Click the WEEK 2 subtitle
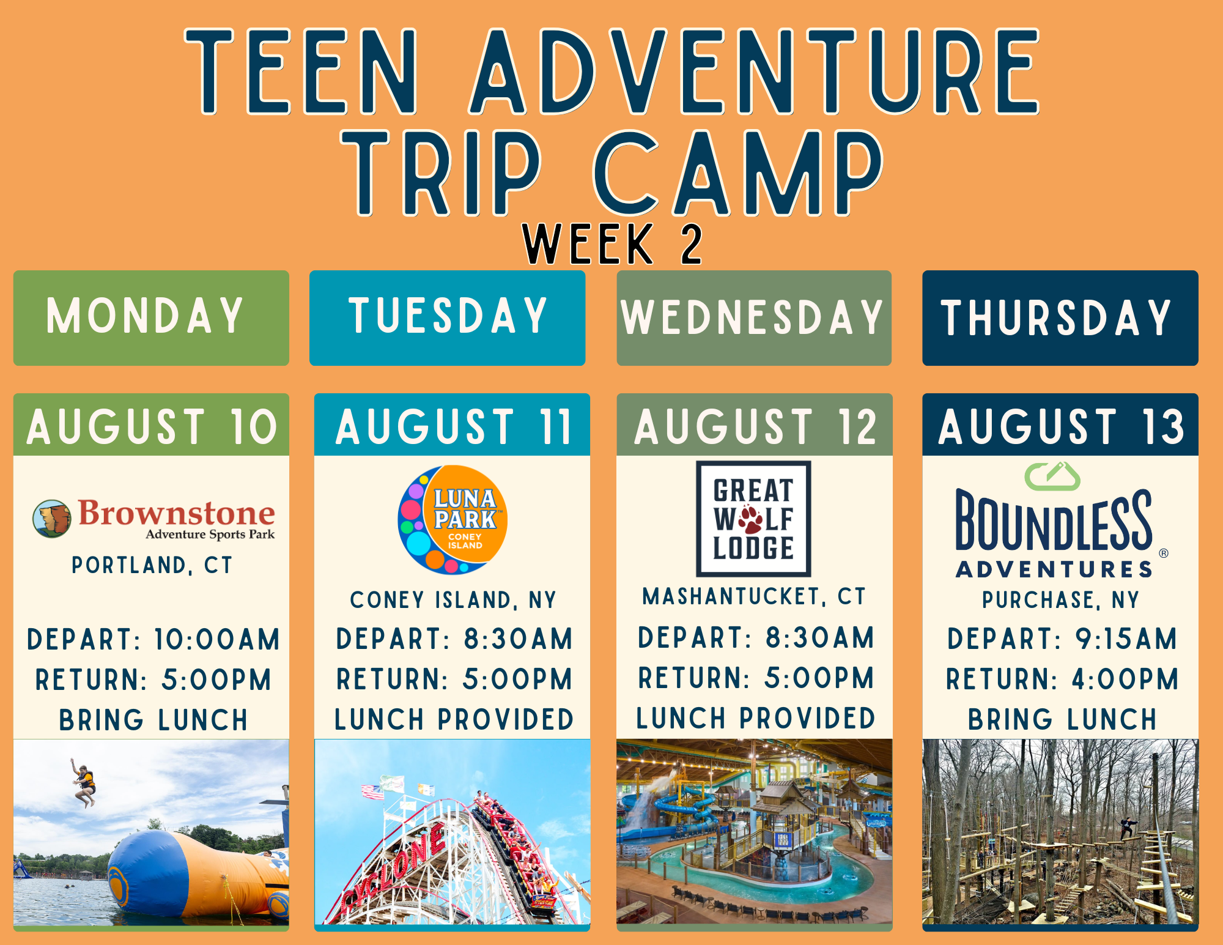click(x=612, y=244)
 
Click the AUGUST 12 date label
click(x=755, y=426)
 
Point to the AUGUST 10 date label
click(x=152, y=426)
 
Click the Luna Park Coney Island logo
click(x=453, y=520)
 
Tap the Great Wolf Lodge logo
click(x=753, y=519)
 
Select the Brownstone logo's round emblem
click(x=51, y=518)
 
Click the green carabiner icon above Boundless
click(x=1052, y=476)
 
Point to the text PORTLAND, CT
click(x=152, y=565)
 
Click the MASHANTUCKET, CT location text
click(x=754, y=596)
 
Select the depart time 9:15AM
click(x=1126, y=639)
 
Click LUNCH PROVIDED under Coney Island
click(x=454, y=719)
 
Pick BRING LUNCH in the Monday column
click(x=153, y=720)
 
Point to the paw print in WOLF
click(x=750, y=519)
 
